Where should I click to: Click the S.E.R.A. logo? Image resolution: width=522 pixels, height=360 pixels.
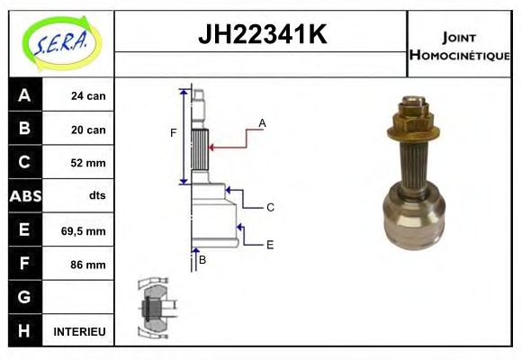coord(58,41)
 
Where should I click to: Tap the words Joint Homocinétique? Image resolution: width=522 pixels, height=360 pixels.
coord(459,45)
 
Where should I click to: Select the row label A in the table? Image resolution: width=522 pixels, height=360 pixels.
coord(24,95)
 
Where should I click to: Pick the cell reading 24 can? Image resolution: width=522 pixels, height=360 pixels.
coord(88,95)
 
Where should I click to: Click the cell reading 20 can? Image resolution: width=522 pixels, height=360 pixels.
coord(88,130)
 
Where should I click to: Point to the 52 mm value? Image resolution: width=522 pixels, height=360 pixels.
coord(88,163)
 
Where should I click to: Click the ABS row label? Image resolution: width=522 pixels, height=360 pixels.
coord(24,196)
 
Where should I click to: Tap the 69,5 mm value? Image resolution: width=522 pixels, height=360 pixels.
coord(84,230)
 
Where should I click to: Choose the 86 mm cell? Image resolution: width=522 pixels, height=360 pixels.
coord(88,265)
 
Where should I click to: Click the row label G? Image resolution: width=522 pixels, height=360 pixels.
coord(24,297)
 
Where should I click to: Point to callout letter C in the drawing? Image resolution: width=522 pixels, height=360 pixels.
coord(269,207)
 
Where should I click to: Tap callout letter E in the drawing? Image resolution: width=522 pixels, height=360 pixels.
coord(269,244)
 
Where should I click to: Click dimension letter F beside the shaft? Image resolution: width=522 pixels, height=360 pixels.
coord(174,133)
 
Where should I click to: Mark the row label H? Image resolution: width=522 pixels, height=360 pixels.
coord(24,331)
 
